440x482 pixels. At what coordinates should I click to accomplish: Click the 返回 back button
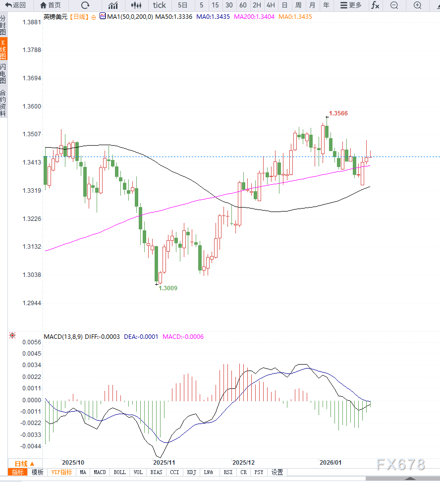click(x=15, y=5)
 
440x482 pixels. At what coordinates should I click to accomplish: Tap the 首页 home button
click(x=51, y=5)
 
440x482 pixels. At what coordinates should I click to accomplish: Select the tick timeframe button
click(x=159, y=5)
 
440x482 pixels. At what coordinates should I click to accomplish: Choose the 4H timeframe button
click(x=270, y=5)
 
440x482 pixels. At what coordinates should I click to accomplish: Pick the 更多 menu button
click(x=351, y=5)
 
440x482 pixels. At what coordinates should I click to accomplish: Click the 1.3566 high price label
click(x=338, y=113)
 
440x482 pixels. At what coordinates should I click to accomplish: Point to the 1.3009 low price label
click(x=168, y=288)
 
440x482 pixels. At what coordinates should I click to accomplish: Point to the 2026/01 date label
click(x=330, y=462)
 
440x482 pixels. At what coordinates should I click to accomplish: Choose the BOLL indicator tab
click(x=119, y=472)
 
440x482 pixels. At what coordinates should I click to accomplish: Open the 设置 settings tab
click(x=277, y=472)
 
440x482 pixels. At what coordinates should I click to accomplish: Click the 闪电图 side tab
click(x=3, y=73)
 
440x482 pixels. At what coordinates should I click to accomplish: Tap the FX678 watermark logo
click(x=400, y=464)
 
